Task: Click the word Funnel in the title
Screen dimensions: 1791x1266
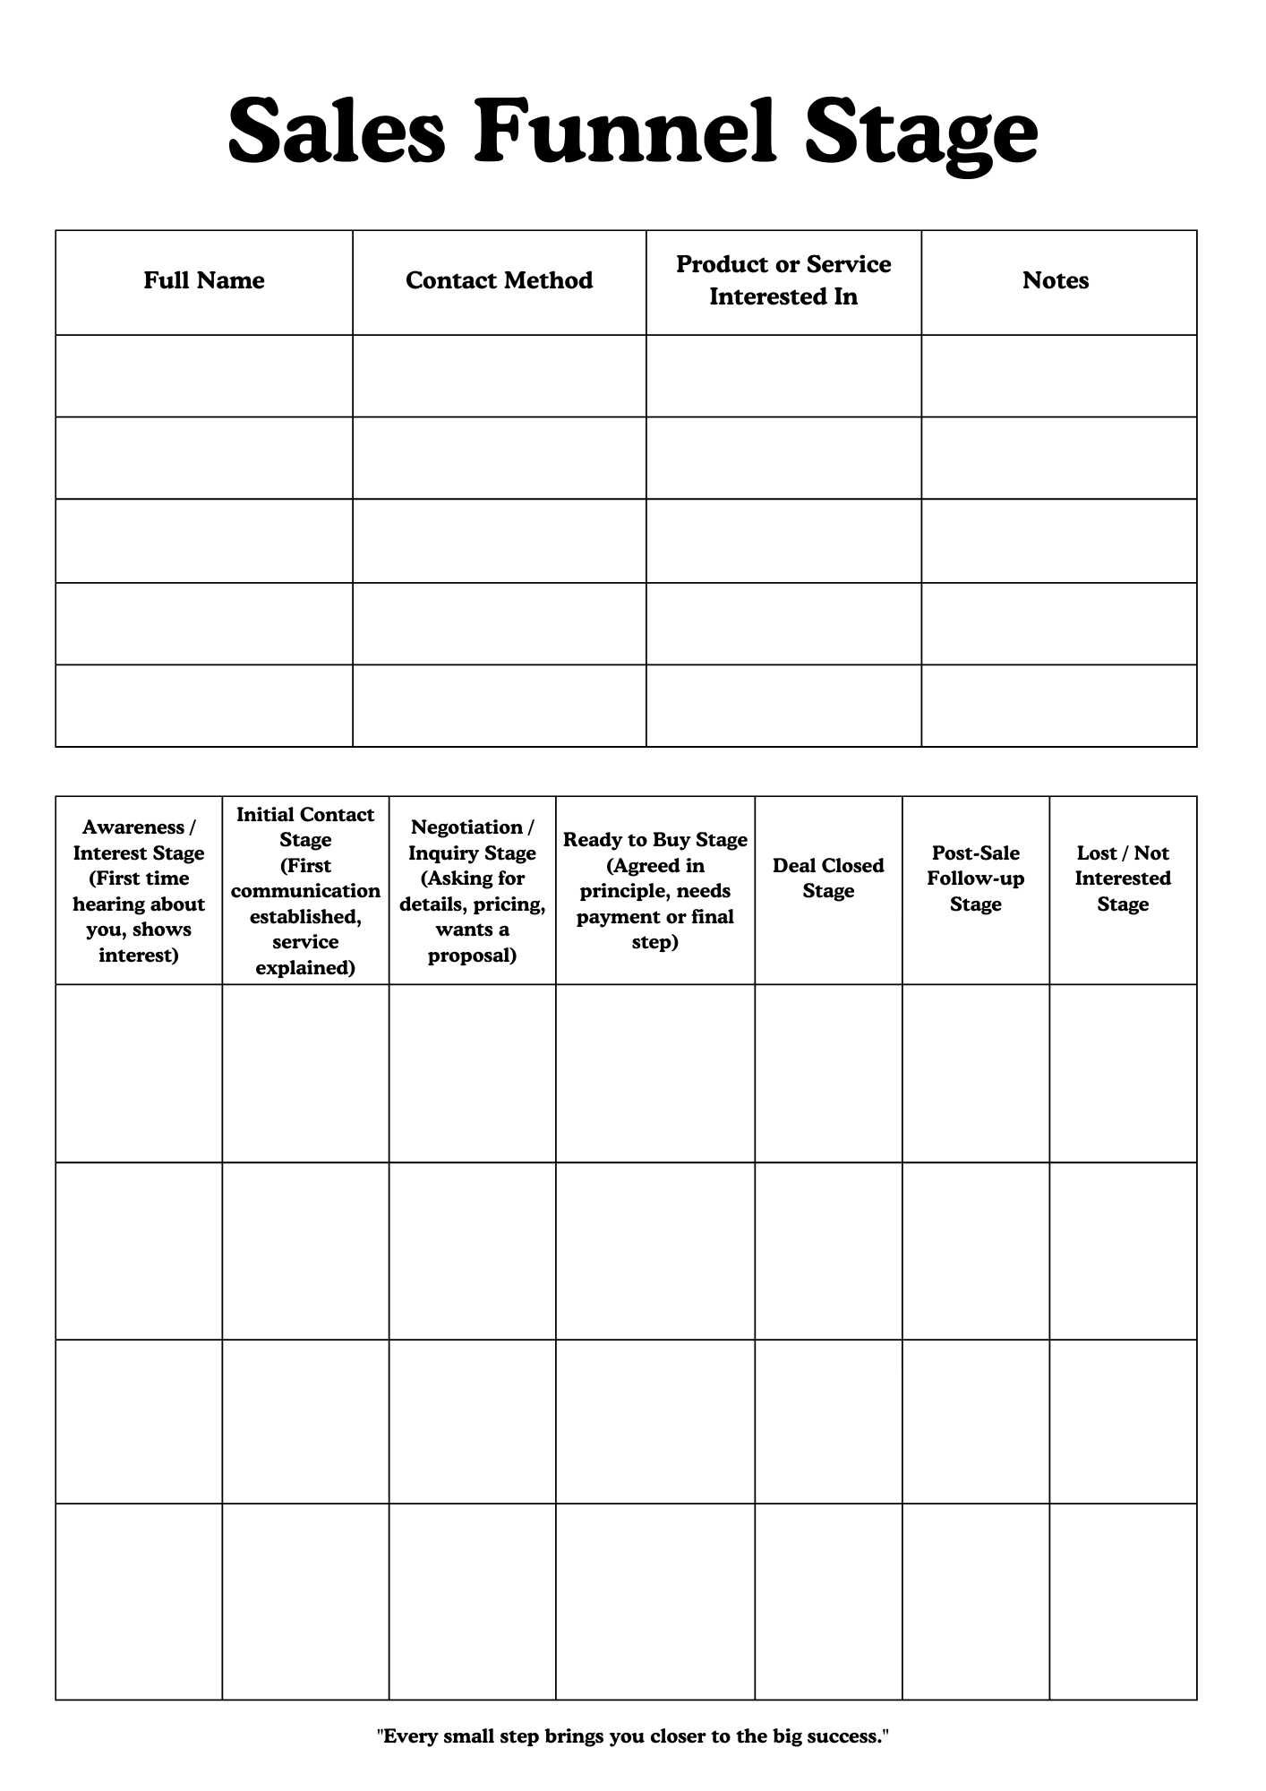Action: (x=624, y=132)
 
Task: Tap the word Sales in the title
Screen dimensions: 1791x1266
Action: (x=336, y=132)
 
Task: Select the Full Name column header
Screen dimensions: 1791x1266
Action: (x=204, y=280)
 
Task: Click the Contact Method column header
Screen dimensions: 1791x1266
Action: (x=499, y=280)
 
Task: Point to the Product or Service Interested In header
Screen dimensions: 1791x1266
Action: (x=783, y=280)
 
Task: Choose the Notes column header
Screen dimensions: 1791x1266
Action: (x=1056, y=280)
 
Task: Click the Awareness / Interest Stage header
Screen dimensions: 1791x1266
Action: (x=139, y=890)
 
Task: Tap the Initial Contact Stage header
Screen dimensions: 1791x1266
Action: (x=305, y=890)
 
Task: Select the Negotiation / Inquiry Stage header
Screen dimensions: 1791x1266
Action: (x=472, y=890)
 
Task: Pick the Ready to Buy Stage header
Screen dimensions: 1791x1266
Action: (x=654, y=890)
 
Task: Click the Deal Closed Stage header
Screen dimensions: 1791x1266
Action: (x=828, y=878)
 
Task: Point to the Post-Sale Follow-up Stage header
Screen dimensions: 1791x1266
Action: (x=975, y=878)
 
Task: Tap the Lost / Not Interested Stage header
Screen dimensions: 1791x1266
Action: (x=1123, y=878)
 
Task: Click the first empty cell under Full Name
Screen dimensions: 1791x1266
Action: (x=204, y=376)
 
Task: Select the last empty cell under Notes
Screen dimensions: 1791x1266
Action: (x=1059, y=706)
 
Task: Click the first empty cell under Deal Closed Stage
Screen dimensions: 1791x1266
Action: (x=828, y=1073)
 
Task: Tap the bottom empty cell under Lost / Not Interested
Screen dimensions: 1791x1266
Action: (x=1123, y=1601)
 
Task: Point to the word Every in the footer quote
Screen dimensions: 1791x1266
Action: (x=408, y=1736)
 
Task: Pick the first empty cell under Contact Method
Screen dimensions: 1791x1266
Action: (x=499, y=376)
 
